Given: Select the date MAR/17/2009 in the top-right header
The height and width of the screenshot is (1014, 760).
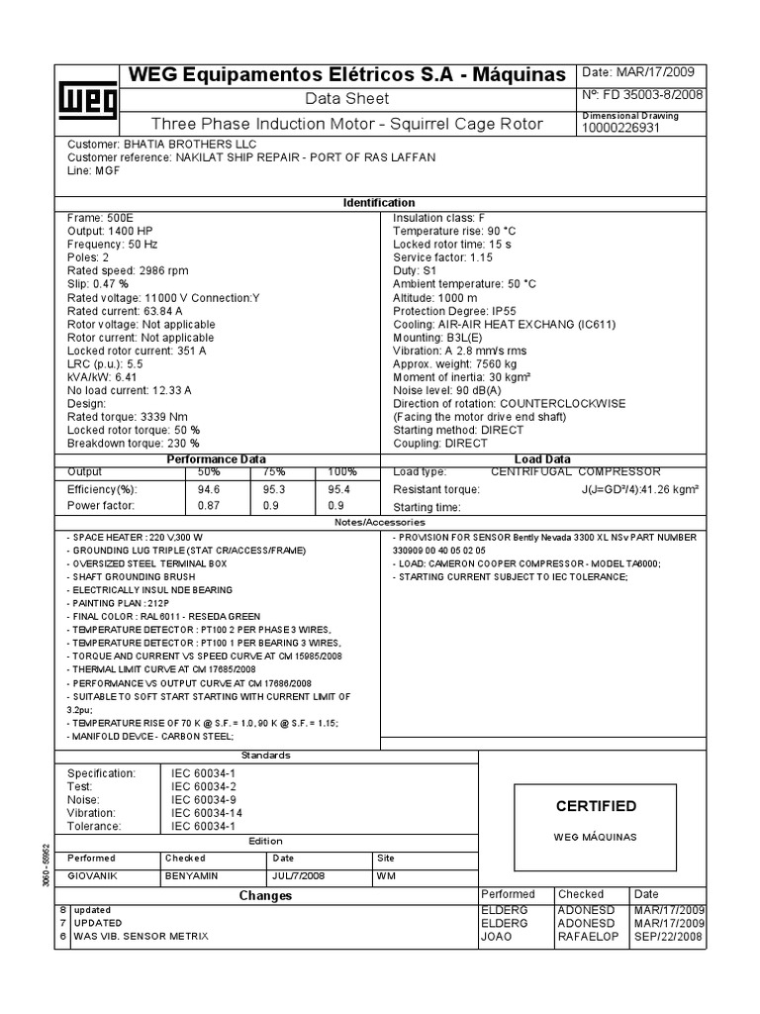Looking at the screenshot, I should pos(657,72).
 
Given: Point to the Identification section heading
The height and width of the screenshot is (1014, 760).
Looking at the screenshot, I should pos(378,203).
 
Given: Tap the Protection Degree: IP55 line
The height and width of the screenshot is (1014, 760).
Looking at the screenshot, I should pos(447,311).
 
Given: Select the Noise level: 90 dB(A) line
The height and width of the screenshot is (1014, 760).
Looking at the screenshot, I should pos(445,391).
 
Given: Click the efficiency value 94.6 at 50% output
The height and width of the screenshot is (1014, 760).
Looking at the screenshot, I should pos(209,489).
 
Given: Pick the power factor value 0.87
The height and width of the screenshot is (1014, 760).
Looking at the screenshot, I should pos(209,506).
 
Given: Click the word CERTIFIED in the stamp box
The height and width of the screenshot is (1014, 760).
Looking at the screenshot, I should pos(597,806).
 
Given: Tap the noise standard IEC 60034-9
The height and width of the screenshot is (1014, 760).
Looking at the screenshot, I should pos(205,799).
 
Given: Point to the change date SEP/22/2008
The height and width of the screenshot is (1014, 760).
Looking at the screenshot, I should pos(669,936).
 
